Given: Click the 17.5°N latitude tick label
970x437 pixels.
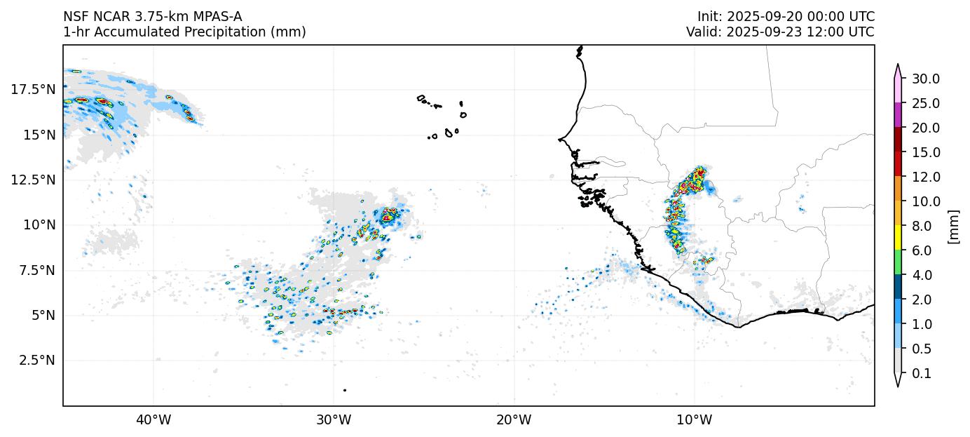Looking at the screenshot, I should point(33,89).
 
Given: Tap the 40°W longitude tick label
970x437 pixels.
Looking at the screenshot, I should point(153,420).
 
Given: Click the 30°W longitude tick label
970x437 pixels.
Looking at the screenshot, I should point(334,420).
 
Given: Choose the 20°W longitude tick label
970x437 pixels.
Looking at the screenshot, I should point(514,420).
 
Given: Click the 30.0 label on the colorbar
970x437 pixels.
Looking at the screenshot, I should point(925,79).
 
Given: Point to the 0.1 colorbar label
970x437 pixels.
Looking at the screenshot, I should point(922,374).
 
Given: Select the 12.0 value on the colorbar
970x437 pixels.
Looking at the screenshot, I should point(925,177).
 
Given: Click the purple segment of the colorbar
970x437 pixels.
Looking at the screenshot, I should point(897,115).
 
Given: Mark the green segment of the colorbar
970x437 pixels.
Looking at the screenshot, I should point(897,262).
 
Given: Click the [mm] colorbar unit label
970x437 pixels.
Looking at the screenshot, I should point(952,226).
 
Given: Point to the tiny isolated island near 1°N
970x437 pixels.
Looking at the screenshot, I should point(345,390).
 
